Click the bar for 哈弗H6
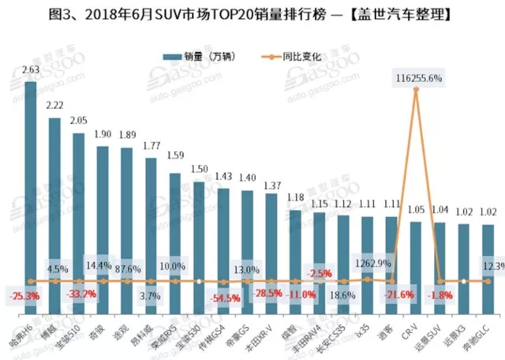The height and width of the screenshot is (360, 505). click(x=31, y=197)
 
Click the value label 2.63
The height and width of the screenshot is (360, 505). click(x=31, y=70)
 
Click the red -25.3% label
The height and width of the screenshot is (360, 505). click(x=25, y=296)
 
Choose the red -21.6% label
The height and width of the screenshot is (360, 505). click(x=395, y=295)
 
